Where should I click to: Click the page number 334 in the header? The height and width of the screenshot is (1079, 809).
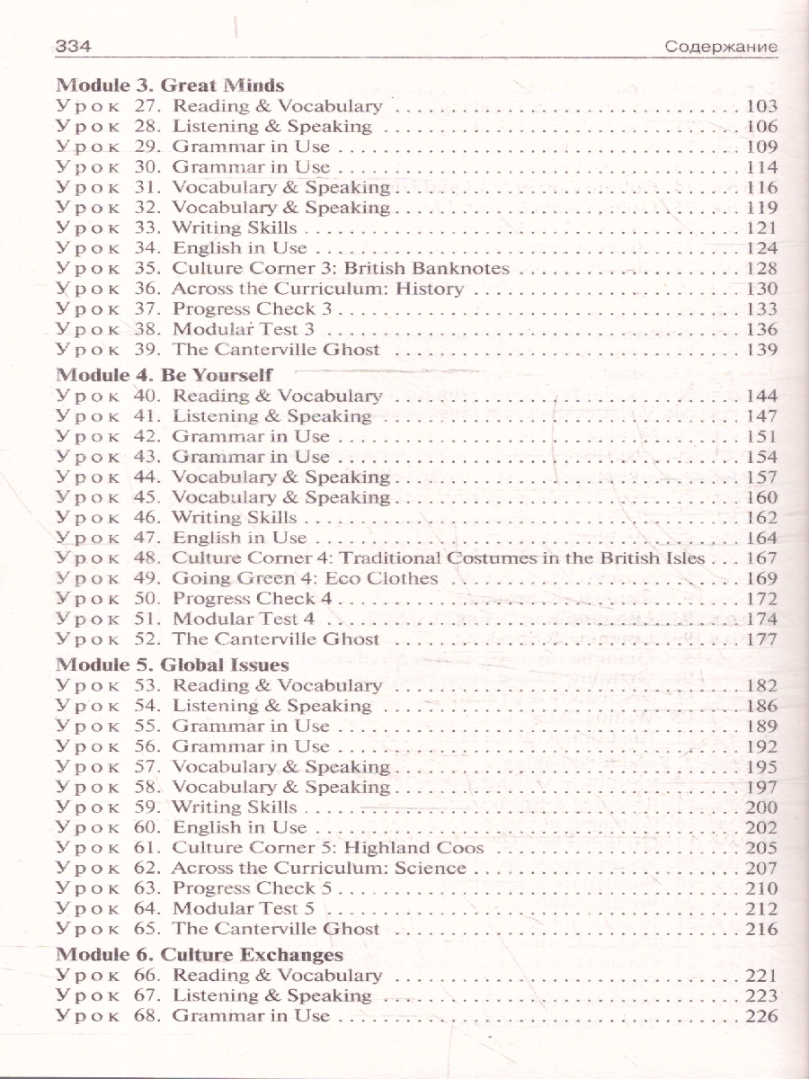[76, 46]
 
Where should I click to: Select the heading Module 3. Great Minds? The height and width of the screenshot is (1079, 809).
[170, 85]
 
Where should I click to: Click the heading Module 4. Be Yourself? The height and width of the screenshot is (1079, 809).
[164, 375]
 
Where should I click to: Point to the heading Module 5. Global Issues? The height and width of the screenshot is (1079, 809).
[172, 665]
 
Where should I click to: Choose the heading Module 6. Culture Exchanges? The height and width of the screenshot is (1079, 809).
[200, 955]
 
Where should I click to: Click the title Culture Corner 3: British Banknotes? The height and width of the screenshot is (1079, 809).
[341, 269]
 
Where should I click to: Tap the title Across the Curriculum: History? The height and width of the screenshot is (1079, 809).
[317, 289]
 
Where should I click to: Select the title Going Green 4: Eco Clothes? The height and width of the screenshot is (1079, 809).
[305, 578]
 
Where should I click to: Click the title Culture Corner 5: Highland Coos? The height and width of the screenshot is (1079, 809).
[328, 848]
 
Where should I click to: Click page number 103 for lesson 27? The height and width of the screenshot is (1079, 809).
[761, 107]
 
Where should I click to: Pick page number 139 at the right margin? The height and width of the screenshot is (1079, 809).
[761, 350]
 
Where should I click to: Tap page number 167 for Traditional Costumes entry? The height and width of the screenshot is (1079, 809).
[761, 558]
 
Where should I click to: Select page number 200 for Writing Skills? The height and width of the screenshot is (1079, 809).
[761, 807]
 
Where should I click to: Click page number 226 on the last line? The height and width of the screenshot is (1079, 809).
[761, 1017]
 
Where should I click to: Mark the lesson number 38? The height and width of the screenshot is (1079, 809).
[147, 329]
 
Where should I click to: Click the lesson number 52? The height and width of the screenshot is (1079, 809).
[147, 639]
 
